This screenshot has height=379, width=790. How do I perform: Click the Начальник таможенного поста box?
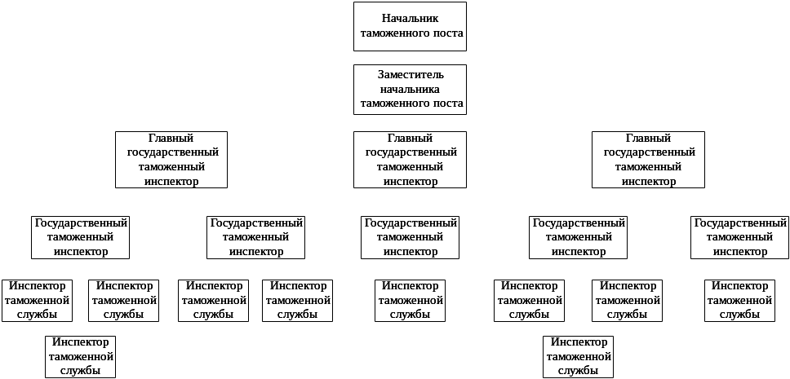(410, 26)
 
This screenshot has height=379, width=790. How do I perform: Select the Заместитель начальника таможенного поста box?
(410, 90)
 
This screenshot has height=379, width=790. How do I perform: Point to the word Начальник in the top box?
(411, 18)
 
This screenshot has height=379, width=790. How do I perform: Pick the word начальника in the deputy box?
(411, 89)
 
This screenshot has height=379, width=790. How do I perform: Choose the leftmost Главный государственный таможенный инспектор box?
(171, 160)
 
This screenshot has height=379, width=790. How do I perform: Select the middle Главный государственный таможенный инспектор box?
(410, 160)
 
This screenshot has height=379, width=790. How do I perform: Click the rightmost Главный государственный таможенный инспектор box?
(648, 160)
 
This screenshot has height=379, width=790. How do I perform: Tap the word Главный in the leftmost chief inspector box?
(172, 139)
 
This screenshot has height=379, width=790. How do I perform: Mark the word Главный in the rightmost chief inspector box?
(649, 139)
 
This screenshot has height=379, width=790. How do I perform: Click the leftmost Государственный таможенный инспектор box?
(81, 237)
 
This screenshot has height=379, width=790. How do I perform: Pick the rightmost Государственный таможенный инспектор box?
(739, 237)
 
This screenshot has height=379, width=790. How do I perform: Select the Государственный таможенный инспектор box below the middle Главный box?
(410, 237)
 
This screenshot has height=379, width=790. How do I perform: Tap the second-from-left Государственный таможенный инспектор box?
(255, 237)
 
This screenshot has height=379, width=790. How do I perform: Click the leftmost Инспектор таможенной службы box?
(37, 301)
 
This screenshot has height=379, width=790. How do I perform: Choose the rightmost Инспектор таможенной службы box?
(740, 301)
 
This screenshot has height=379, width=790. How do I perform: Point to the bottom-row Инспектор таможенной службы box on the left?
(80, 356)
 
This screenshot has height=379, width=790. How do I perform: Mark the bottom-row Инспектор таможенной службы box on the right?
(578, 356)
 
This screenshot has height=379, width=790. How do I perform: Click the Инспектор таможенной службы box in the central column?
(410, 301)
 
